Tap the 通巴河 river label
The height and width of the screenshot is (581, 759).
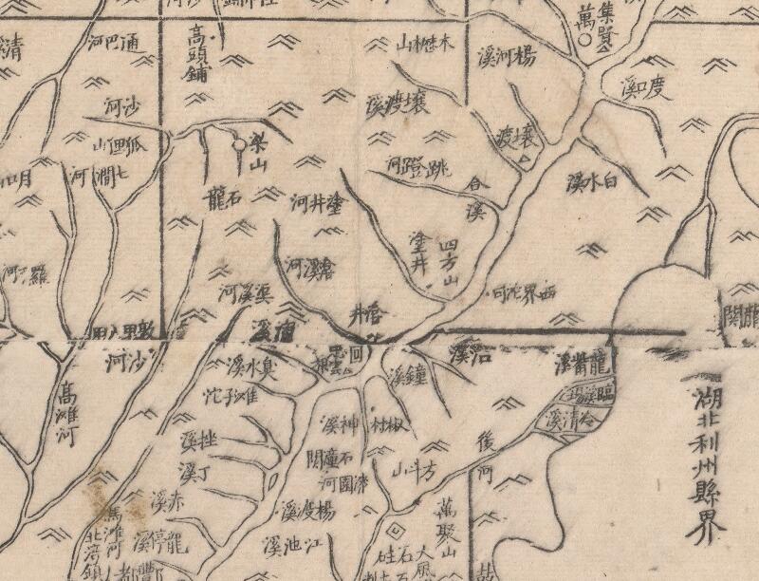[x=113, y=45]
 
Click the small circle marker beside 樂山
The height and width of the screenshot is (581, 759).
[x=238, y=145]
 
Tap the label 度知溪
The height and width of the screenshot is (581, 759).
[x=645, y=91]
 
